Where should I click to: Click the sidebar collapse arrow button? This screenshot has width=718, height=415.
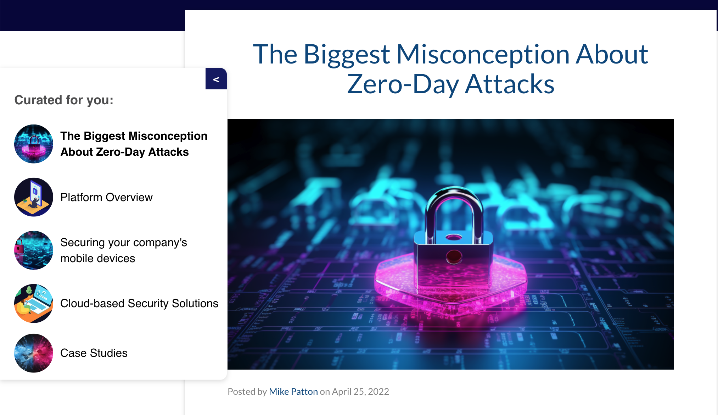click(x=216, y=79)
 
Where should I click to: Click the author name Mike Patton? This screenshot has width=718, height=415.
click(x=293, y=392)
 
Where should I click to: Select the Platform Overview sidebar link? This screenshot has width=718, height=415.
click(x=106, y=197)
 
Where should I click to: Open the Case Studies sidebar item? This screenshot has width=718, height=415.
click(x=94, y=353)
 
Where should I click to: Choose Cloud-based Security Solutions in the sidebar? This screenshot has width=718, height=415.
click(x=139, y=303)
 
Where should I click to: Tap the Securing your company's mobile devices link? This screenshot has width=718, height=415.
click(x=124, y=250)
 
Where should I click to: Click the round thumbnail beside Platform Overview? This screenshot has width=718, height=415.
click(x=34, y=197)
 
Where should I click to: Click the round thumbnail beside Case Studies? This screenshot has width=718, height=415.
click(x=34, y=353)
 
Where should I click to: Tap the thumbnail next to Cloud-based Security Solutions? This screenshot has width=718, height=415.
click(x=34, y=304)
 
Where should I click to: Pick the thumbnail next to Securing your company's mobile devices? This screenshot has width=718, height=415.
click(x=34, y=250)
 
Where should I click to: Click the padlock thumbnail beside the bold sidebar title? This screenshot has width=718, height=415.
click(x=34, y=144)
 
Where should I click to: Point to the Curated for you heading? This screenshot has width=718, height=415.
click(x=64, y=100)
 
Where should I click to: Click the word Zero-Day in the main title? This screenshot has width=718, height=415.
click(x=403, y=84)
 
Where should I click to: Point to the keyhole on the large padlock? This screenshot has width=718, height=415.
click(x=454, y=256)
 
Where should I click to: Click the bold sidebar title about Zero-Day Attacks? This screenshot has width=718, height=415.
click(x=134, y=144)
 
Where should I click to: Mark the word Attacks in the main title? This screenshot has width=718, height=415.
click(x=510, y=84)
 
